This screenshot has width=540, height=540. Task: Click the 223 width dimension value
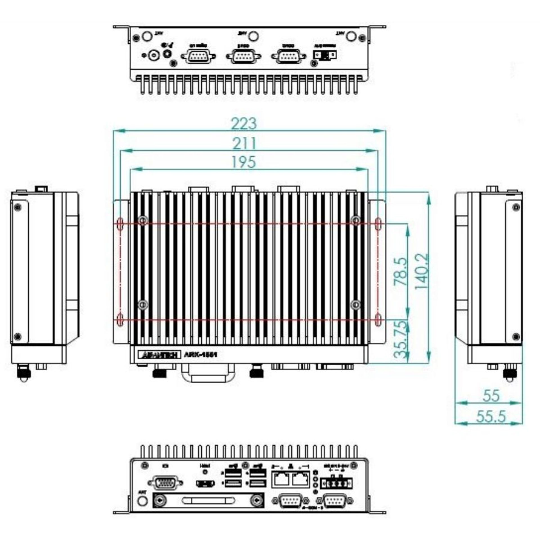click(244, 124)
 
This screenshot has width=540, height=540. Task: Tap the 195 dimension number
click(244, 162)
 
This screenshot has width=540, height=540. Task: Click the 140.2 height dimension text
click(422, 272)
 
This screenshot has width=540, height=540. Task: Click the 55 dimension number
click(491, 395)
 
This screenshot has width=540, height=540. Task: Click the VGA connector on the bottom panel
click(165, 484)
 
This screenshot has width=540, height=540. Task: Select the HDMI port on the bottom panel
click(205, 484)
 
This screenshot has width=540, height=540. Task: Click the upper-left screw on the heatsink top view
click(143, 220)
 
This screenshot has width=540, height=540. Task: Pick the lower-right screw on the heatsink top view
click(356, 304)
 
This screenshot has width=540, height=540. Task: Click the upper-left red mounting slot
click(120, 224)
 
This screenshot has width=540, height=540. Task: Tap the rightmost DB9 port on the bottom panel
click(334, 501)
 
